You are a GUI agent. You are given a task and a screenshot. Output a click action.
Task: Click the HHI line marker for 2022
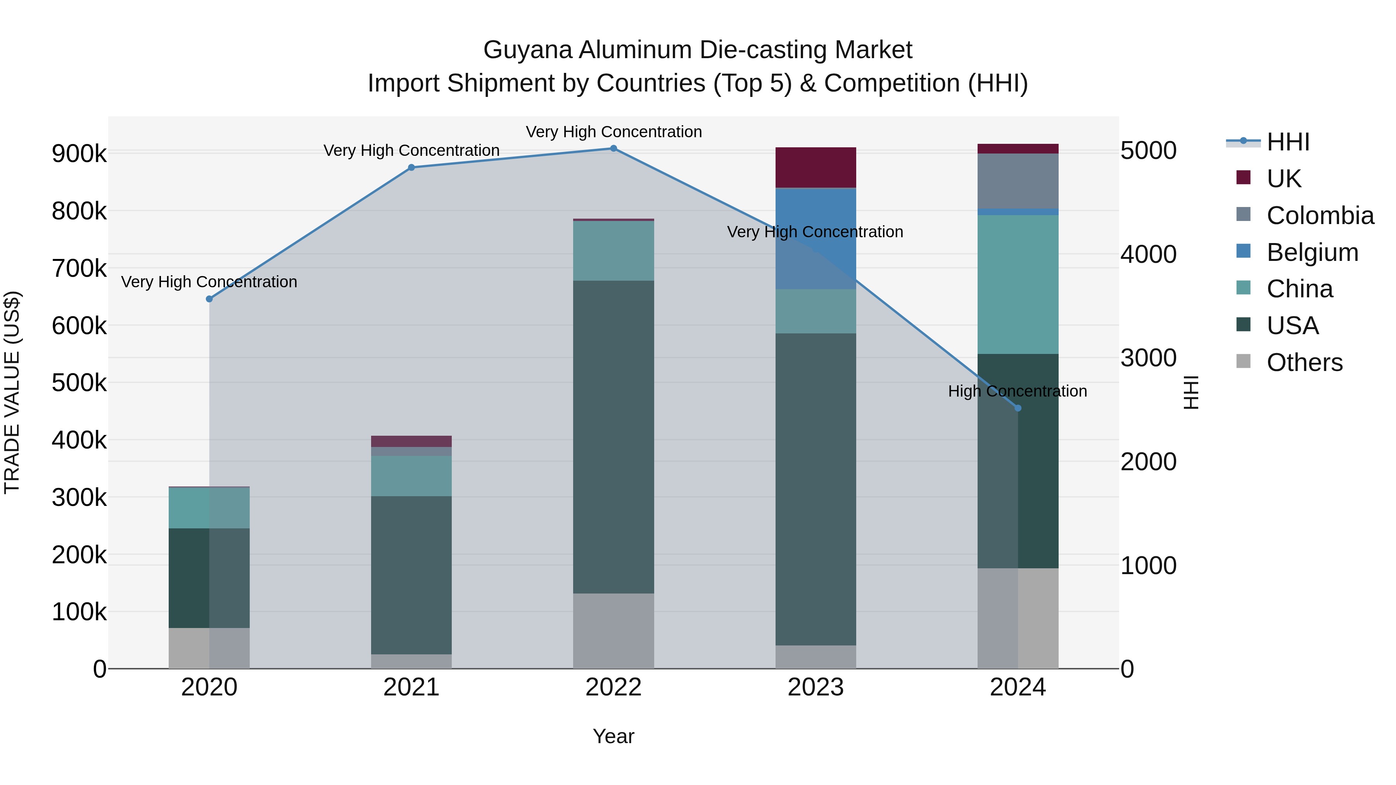[x=613, y=148]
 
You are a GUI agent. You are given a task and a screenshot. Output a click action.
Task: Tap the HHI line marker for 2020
[x=209, y=299]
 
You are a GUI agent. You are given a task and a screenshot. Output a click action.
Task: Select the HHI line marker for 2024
[x=1018, y=408]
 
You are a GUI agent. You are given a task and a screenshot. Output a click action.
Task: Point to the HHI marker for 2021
[x=411, y=168]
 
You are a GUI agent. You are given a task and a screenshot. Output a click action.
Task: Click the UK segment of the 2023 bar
[x=815, y=167]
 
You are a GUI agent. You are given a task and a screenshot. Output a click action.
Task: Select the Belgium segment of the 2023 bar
[x=815, y=238]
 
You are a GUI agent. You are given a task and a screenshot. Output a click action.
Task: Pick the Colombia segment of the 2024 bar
[x=1018, y=181]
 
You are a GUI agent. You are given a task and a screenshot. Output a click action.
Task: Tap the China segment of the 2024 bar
[x=1018, y=285]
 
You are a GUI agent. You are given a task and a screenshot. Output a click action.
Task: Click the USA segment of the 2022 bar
[x=613, y=436]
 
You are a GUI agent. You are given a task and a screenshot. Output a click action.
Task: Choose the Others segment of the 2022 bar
[x=613, y=631]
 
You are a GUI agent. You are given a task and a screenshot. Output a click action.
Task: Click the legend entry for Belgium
[x=1312, y=252]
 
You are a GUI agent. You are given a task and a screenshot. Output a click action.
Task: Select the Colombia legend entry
[x=1320, y=216]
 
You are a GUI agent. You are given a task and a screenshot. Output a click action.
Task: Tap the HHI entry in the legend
[x=1287, y=142]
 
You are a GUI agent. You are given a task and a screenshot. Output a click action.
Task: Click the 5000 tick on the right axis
[x=1148, y=151]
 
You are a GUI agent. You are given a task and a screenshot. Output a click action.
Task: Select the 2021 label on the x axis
[x=411, y=687]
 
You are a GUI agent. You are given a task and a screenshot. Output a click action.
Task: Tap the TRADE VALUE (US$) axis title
[x=12, y=392]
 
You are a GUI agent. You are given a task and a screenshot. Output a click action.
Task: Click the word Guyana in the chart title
[x=527, y=50]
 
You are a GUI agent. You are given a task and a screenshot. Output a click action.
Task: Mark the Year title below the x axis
[x=613, y=736]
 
